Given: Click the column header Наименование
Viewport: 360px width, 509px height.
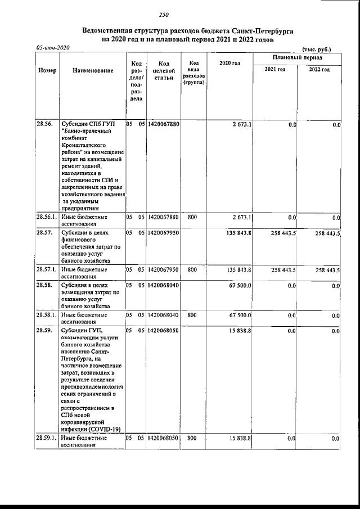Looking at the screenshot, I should coord(93,71).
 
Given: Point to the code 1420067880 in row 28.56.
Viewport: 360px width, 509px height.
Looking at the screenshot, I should coord(163,124).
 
